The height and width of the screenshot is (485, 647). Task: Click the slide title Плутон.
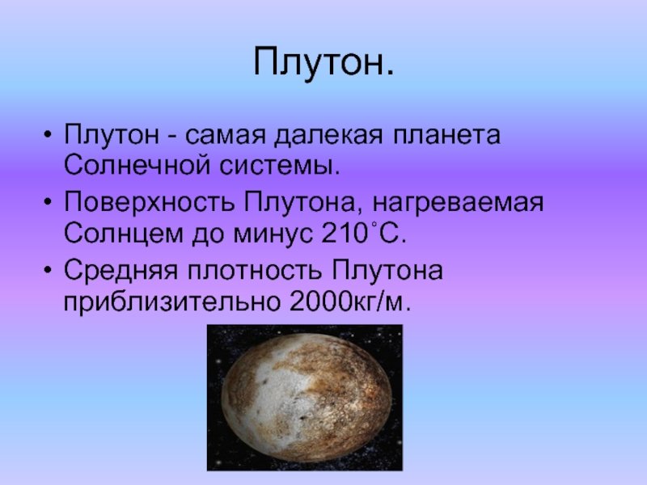coord(323,64)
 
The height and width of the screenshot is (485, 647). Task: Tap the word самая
coord(225,136)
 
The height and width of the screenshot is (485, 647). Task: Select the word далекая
coord(328,135)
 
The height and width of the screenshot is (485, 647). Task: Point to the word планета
coord(446,135)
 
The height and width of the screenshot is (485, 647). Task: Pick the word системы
coord(279,167)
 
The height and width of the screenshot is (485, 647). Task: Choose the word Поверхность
coord(149,203)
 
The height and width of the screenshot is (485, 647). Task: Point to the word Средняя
coord(121,272)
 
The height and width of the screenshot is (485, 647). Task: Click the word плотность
coord(255,272)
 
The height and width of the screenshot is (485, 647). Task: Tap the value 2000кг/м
coord(350,302)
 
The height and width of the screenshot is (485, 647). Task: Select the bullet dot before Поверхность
coord(49,201)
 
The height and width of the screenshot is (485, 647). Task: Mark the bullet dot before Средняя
coord(49,270)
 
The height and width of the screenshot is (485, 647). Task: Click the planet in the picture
coord(307,397)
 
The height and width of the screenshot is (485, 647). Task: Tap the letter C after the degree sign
coord(390,234)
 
